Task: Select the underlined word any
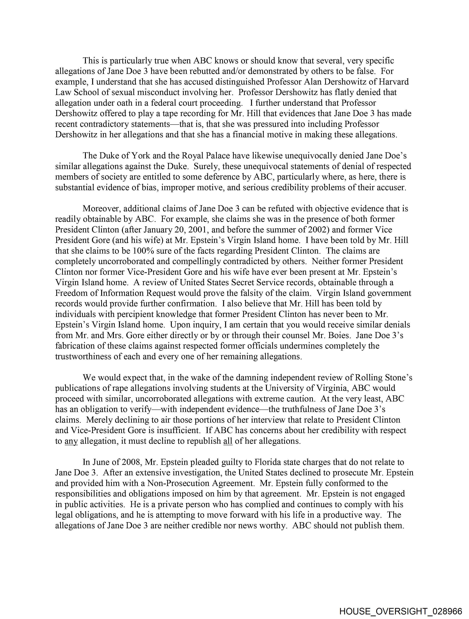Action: point(71,441)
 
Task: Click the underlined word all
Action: point(228,441)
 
